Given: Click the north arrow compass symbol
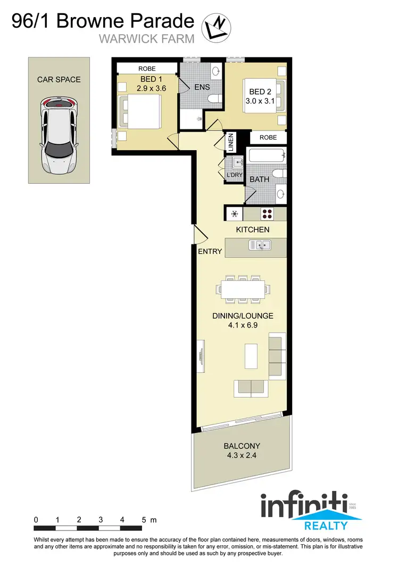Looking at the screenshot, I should click(x=217, y=27).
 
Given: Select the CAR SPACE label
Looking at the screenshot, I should click(x=59, y=80).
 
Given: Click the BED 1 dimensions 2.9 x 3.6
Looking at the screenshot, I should click(x=148, y=89).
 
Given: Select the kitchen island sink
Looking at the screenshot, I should click(x=261, y=245).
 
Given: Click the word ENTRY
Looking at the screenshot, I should click(x=210, y=251).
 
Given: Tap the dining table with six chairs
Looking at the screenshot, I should click(x=242, y=289).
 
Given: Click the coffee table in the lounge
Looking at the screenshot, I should click(x=251, y=356).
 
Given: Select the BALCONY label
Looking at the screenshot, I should click(x=242, y=446).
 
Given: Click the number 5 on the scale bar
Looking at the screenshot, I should click(x=144, y=519).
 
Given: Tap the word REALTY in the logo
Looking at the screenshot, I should click(x=325, y=526).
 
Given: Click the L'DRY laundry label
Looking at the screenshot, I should click(x=235, y=175).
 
